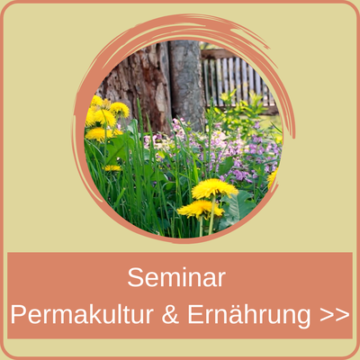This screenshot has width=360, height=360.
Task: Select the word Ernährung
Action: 256,315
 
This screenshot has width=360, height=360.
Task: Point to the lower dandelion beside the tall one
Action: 197,209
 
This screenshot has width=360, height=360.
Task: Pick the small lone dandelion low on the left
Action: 112,167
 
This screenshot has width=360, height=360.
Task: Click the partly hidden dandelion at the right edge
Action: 272,177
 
